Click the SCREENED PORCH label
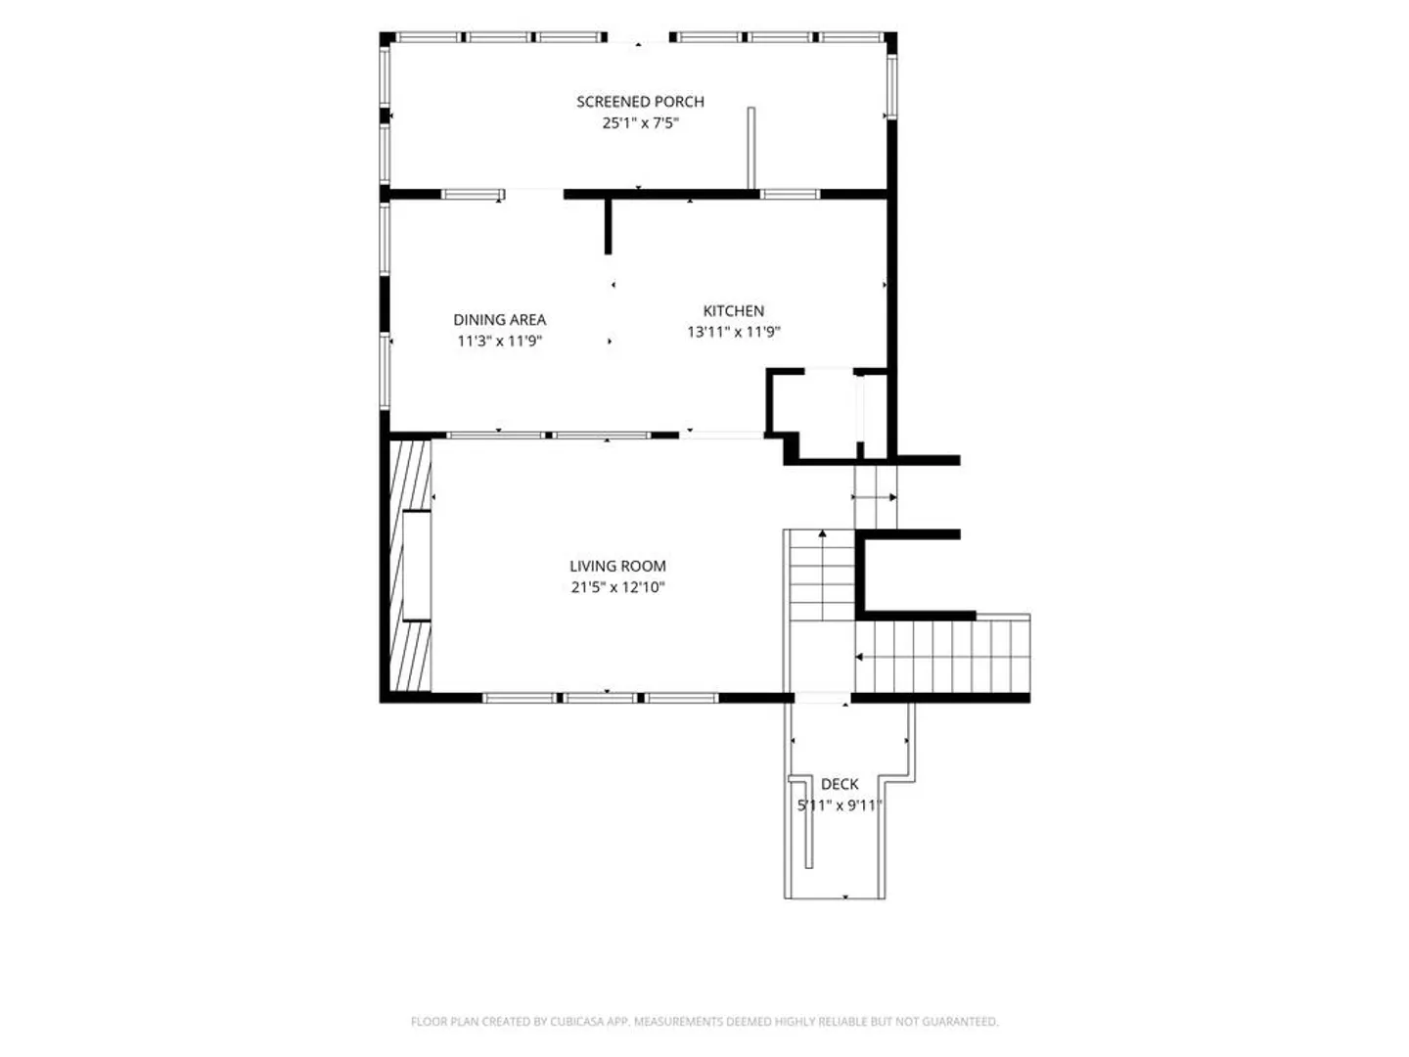[x=639, y=102]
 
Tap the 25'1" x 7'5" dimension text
[x=639, y=122]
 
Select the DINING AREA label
[x=499, y=319]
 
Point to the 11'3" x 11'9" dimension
[x=499, y=341]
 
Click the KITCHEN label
[x=733, y=310]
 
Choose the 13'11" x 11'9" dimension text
[x=733, y=332]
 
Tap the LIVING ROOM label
[x=616, y=566]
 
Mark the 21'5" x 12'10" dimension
[x=616, y=586]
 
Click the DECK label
[x=839, y=784]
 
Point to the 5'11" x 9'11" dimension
[x=839, y=804]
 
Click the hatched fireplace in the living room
[x=410, y=565]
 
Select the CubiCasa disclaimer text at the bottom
[x=704, y=1021]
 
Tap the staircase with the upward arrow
[x=822, y=575]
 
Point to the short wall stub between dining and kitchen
[x=608, y=226]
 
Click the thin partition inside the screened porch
[x=750, y=148]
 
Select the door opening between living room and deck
[x=822, y=698]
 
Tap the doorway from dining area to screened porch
[x=534, y=194]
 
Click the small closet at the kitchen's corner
[x=828, y=414]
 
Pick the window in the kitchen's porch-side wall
[x=790, y=194]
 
